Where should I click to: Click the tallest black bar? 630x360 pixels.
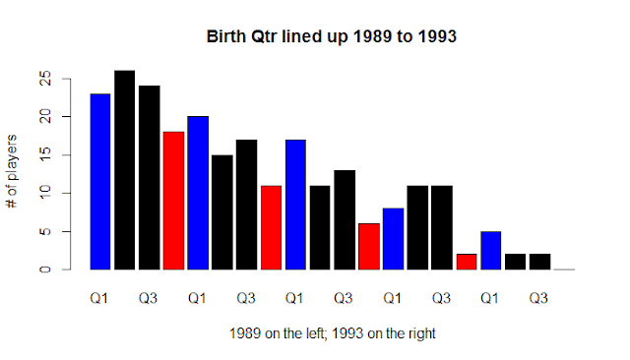(125, 170)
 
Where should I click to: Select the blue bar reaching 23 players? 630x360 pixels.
(100, 182)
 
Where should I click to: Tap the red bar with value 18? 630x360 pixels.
(173, 201)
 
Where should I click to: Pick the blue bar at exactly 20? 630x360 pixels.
(198, 193)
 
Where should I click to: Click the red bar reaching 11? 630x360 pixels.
(272, 227)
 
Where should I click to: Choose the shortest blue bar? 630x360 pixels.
(491, 251)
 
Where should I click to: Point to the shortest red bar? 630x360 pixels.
(467, 262)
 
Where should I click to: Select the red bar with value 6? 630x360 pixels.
(369, 247)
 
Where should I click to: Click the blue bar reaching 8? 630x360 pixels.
(394, 239)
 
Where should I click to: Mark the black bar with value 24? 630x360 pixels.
(150, 178)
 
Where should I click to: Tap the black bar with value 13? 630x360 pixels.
(345, 220)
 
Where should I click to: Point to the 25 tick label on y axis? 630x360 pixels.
(45, 79)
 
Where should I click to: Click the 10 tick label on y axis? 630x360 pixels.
(45, 193)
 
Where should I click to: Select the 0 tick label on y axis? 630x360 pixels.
(45, 270)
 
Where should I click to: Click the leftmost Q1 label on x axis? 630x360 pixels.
(99, 299)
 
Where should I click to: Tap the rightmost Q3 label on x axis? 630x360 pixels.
(538, 299)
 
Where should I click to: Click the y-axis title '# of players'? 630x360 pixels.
(12, 171)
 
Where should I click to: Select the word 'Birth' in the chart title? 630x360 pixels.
(226, 36)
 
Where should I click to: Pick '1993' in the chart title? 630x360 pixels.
(437, 36)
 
